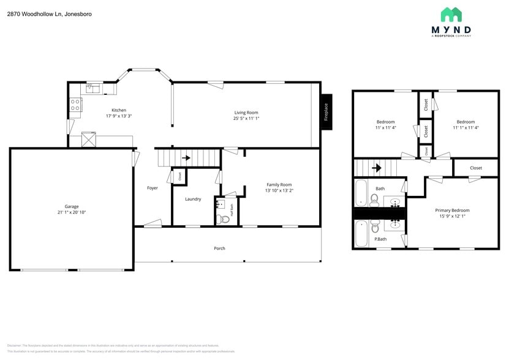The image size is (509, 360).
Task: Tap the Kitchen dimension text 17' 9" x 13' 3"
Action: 119,116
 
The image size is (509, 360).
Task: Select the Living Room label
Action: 246,112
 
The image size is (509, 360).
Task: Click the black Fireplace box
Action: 326,112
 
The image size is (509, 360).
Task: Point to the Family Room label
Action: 279,184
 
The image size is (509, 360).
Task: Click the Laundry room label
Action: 193,199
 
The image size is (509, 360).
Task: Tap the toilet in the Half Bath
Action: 224,219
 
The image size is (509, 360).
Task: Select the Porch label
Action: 219,248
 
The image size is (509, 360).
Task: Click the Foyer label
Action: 153,188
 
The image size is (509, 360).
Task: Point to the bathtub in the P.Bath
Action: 361,233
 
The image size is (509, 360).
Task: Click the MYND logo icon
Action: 451,15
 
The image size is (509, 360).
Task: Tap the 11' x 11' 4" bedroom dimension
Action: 385,128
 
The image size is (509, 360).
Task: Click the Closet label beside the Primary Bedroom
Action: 476,168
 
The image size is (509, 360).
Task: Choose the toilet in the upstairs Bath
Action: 374,199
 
